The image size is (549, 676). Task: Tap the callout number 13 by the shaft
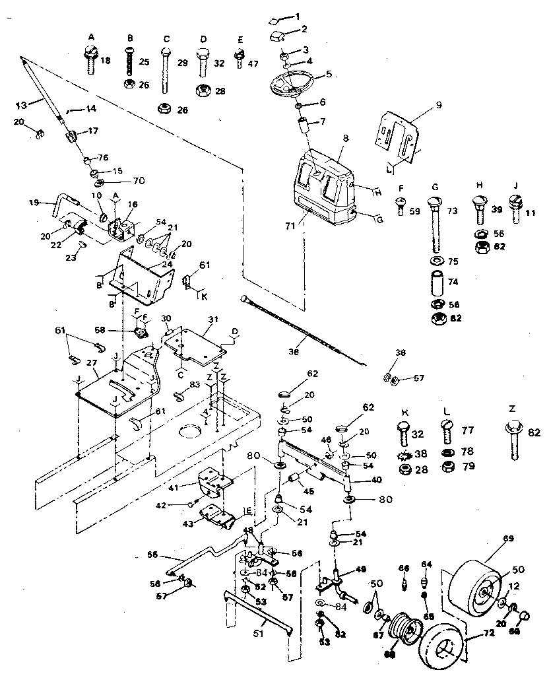[x=22, y=104]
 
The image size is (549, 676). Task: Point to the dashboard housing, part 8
[x=323, y=185]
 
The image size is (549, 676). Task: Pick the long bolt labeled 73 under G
[x=435, y=224]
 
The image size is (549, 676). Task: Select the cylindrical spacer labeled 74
[x=436, y=282]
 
